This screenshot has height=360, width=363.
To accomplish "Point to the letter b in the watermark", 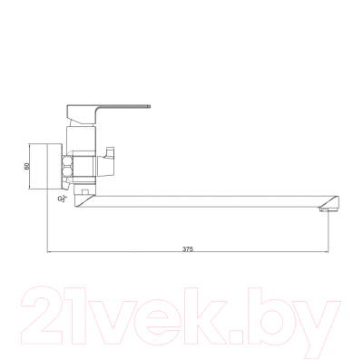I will pyautogui.click(x=272, y=313).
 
